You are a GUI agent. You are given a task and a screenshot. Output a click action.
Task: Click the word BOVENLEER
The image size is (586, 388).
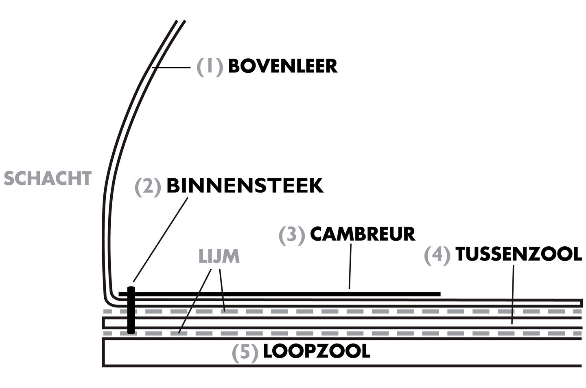point(283,66)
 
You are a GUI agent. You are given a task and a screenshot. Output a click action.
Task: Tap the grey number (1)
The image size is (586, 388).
point(210,67)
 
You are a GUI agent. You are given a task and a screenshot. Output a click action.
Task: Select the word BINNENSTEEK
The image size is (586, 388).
point(245,186)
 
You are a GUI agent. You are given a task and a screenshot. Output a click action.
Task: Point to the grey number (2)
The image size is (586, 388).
point(148,187)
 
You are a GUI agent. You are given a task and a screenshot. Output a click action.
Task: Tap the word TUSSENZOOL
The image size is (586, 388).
point(519,254)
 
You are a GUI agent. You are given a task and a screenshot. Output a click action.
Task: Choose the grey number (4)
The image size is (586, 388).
point(437,255)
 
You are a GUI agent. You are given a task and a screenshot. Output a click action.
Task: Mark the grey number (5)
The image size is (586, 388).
point(245,353)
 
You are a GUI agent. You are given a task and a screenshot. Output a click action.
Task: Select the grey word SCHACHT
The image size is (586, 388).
point(48,178)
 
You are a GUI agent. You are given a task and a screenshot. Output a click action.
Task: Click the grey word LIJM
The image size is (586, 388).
point(219,256)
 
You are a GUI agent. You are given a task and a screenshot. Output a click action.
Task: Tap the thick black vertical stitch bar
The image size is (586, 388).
point(131,310)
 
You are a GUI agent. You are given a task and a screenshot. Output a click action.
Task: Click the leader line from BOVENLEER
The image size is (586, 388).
point(171,68)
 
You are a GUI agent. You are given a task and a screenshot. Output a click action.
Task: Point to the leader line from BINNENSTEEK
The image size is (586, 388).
point(161,239)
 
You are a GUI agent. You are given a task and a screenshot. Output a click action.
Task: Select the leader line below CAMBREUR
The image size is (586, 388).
point(350,266)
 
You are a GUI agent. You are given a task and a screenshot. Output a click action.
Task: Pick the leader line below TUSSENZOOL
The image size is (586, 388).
point(512,294)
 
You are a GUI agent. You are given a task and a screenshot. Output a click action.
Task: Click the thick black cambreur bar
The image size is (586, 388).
point(280,294)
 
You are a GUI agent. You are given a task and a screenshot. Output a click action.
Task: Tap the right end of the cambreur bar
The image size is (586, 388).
point(440,294)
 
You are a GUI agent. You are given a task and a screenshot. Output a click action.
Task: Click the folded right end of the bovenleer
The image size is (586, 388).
point(582,303)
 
